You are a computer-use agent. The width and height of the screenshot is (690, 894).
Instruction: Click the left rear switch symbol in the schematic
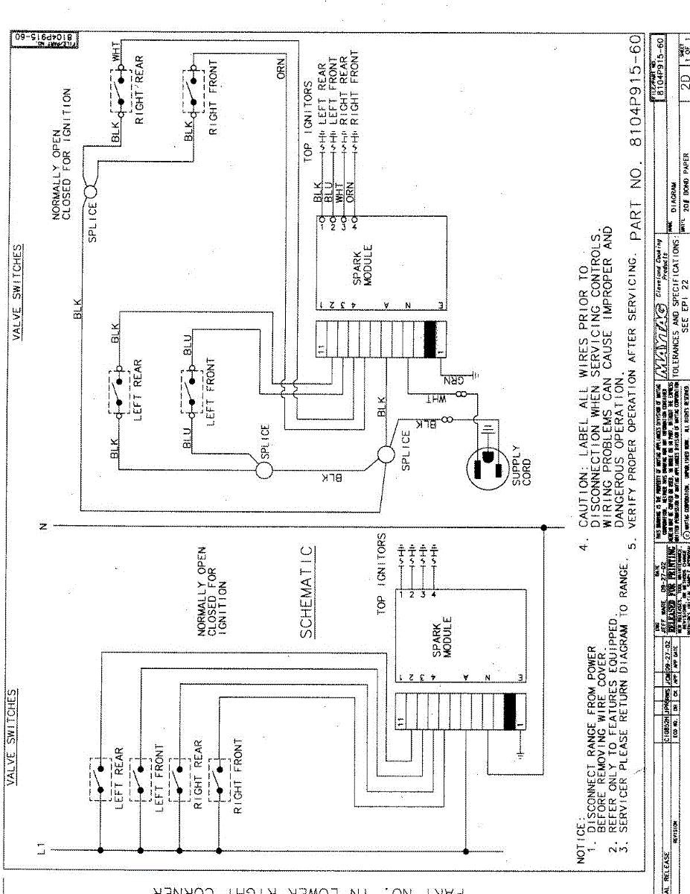pyautogui.click(x=100, y=779)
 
